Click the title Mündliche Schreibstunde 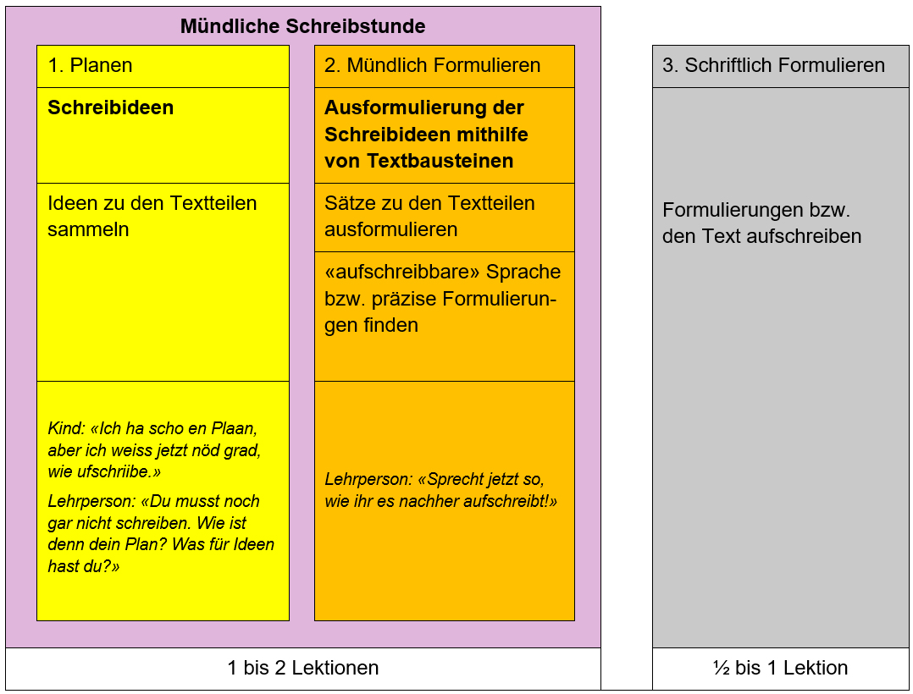tap(302, 26)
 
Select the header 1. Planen tap(90, 66)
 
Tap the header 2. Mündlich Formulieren tap(432, 66)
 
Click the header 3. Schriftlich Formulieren tap(773, 66)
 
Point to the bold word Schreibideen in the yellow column tap(110, 108)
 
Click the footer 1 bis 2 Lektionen tap(302, 668)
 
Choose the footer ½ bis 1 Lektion tap(780, 668)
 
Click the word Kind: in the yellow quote tap(66, 428)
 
